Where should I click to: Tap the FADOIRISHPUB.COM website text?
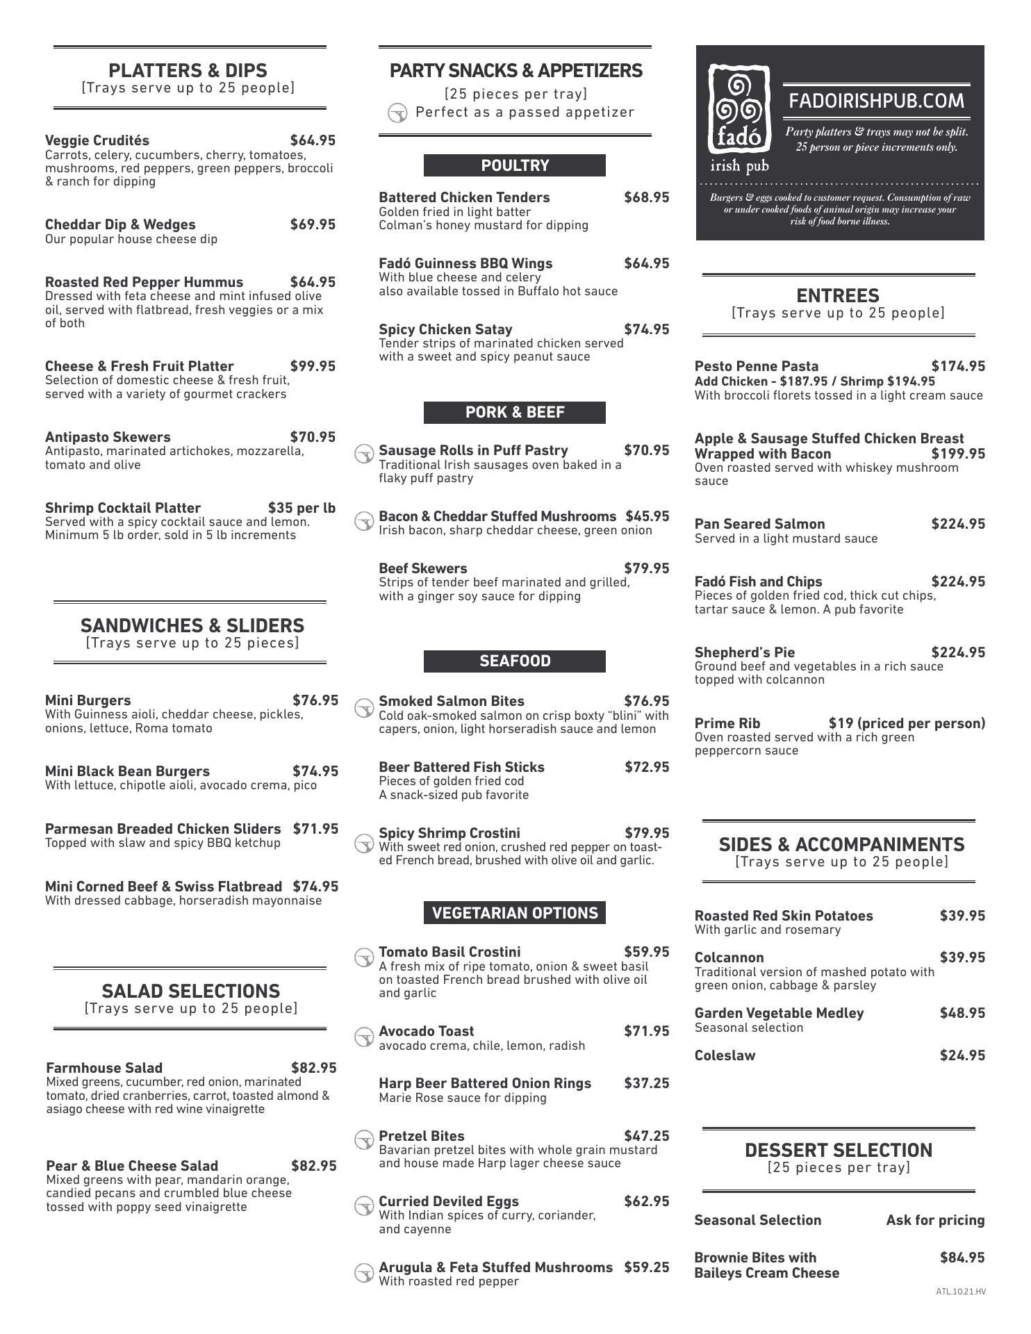pyautogui.click(x=876, y=101)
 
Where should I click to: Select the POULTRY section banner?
pyautogui.click(x=514, y=165)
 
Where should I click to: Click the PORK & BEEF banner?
pyautogui.click(x=514, y=412)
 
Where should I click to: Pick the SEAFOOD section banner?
pyautogui.click(x=514, y=661)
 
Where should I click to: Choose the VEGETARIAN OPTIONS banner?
pyautogui.click(x=514, y=912)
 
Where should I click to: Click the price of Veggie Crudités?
pyautogui.click(x=313, y=140)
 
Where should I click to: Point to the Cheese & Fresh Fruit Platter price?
pyautogui.click(x=313, y=366)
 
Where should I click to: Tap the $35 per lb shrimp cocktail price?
pyautogui.click(x=302, y=508)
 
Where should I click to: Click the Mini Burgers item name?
pyautogui.click(x=88, y=700)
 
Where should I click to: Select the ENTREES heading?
pyautogui.click(x=838, y=295)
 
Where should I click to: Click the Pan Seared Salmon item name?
pyautogui.click(x=759, y=524)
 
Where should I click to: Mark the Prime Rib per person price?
pyautogui.click(x=907, y=723)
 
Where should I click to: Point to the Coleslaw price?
pyautogui.click(x=962, y=1055)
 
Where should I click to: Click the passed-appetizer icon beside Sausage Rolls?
pyautogui.click(x=364, y=454)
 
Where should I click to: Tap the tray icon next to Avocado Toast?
pyautogui.click(x=364, y=1037)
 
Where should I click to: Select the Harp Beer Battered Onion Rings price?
pyautogui.click(x=646, y=1083)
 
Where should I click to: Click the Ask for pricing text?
pyautogui.click(x=935, y=1220)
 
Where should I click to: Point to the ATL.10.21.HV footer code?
pyautogui.click(x=960, y=1292)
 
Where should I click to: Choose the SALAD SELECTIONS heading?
pyautogui.click(x=190, y=991)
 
